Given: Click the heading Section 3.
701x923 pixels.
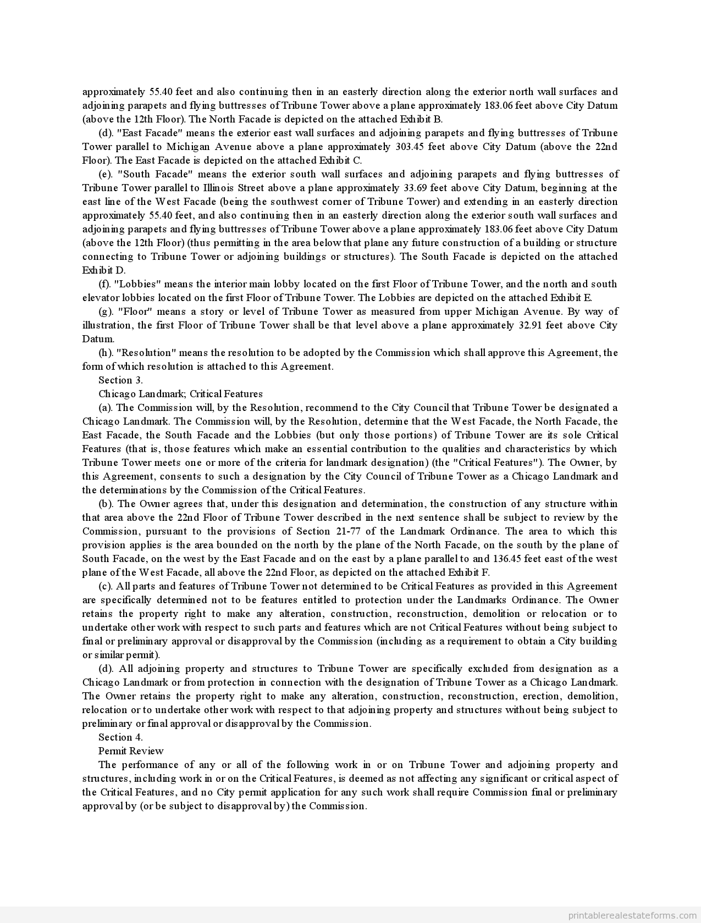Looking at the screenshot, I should tap(120, 380).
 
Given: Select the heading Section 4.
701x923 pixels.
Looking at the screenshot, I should tap(120, 737).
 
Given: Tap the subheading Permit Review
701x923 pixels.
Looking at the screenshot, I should tap(131, 751).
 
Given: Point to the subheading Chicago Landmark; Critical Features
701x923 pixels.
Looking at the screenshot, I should tap(180, 394).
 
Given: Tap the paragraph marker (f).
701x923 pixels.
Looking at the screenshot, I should tap(105, 284).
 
